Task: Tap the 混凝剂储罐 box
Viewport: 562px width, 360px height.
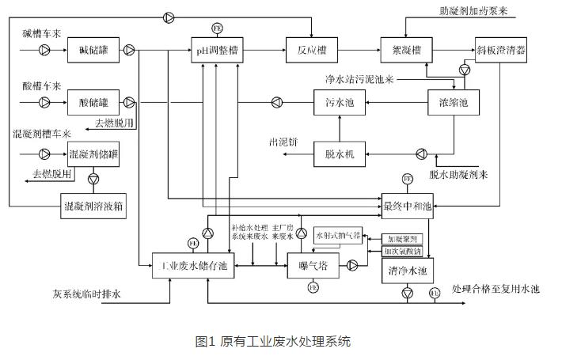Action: [93, 153]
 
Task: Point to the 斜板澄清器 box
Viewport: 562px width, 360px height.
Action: [501, 51]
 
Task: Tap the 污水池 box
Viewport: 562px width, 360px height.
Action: [338, 102]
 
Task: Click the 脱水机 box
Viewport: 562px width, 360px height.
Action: [338, 153]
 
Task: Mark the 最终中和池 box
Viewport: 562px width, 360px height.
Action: [408, 204]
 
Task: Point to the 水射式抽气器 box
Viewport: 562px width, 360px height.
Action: [339, 236]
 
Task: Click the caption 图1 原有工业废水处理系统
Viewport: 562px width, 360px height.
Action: [272, 341]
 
